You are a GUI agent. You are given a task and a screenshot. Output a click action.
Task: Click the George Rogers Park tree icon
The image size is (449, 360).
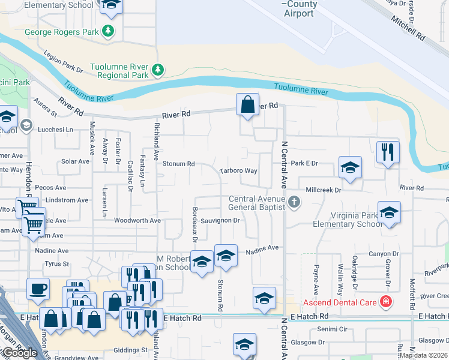tap(108, 31)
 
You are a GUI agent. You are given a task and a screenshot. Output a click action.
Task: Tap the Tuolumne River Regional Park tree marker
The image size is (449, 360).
tap(158, 71)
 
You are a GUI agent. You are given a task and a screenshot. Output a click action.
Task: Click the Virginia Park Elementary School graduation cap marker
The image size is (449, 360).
tap(389, 213)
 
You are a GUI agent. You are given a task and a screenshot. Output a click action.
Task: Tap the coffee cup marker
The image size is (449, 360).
tap(38, 289)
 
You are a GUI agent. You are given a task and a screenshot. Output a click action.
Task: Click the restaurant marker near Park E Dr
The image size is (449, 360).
tap(388, 153)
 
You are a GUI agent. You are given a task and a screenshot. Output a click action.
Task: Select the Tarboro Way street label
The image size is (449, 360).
tap(238, 171)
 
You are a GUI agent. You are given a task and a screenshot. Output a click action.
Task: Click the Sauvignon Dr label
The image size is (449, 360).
tap(220, 221)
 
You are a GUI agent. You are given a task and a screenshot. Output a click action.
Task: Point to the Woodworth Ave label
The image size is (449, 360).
tap(137, 221)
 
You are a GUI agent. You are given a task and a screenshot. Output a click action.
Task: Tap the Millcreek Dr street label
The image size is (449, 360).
tap(323, 190)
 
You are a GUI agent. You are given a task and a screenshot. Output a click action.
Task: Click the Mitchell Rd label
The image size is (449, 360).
tap(408, 28)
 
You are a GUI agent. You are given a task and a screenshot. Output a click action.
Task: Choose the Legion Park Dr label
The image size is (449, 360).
tap(63, 62)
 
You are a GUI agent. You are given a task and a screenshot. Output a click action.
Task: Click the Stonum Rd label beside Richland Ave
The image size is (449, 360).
tap(179, 164)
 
